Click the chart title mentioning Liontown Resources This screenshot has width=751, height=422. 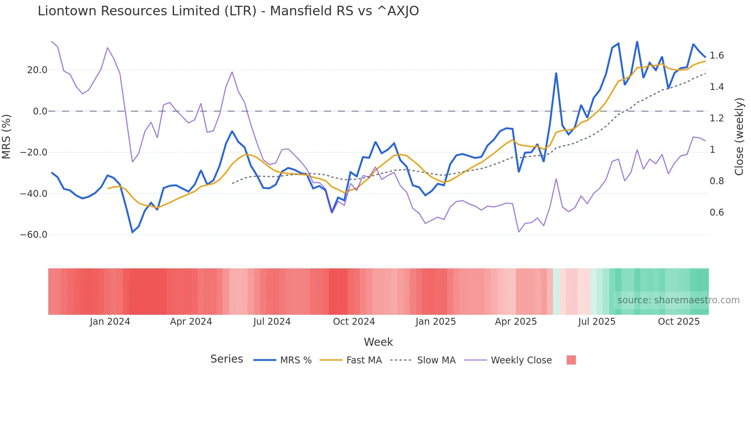pyautogui.click(x=228, y=11)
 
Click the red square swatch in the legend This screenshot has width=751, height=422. pyautogui.click(x=571, y=360)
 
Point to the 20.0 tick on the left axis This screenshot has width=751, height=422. pyautogui.click(x=37, y=70)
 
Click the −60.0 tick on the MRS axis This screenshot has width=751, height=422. pyautogui.click(x=34, y=235)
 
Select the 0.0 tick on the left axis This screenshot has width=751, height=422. pyautogui.click(x=40, y=111)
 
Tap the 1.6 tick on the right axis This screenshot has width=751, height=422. pyautogui.click(x=717, y=56)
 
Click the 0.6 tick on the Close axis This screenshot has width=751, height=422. pyautogui.click(x=717, y=213)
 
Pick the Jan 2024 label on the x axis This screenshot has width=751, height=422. pyautogui.click(x=110, y=322)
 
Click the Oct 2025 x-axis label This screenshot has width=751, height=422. pyautogui.click(x=679, y=322)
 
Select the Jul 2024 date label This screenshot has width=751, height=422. pyautogui.click(x=272, y=322)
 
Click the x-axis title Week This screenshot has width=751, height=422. pyautogui.click(x=378, y=342)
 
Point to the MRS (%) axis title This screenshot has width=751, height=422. pyautogui.click(x=7, y=137)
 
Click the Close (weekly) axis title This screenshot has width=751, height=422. pyautogui.click(x=739, y=137)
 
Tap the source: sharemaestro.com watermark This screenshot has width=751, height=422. pyautogui.click(x=678, y=300)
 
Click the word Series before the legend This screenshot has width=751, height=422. pyautogui.click(x=226, y=359)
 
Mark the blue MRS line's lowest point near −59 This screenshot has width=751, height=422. pyautogui.click(x=133, y=232)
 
